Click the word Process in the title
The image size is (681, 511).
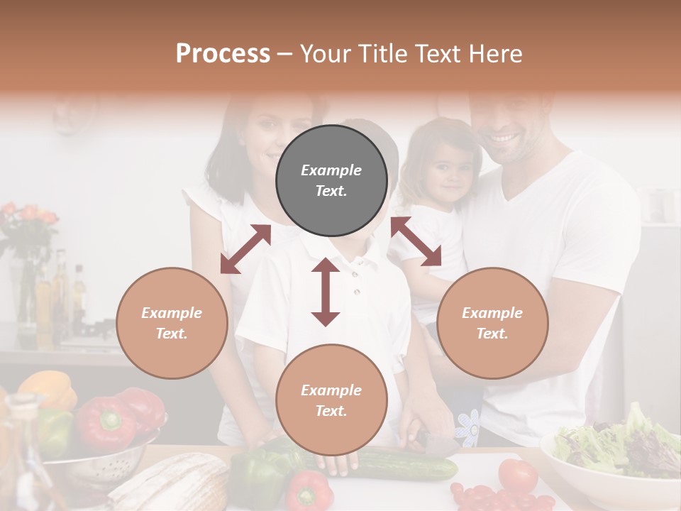tap(223, 54)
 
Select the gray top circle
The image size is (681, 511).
tap(331, 180)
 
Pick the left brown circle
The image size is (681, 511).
tap(172, 323)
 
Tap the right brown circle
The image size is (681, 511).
tap(492, 323)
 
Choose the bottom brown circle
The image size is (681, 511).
tap(331, 400)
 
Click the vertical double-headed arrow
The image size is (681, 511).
tap(326, 292)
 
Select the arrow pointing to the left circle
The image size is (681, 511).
tap(245, 249)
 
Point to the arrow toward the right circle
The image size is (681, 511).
tap(416, 242)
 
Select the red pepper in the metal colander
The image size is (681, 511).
tap(106, 423)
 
